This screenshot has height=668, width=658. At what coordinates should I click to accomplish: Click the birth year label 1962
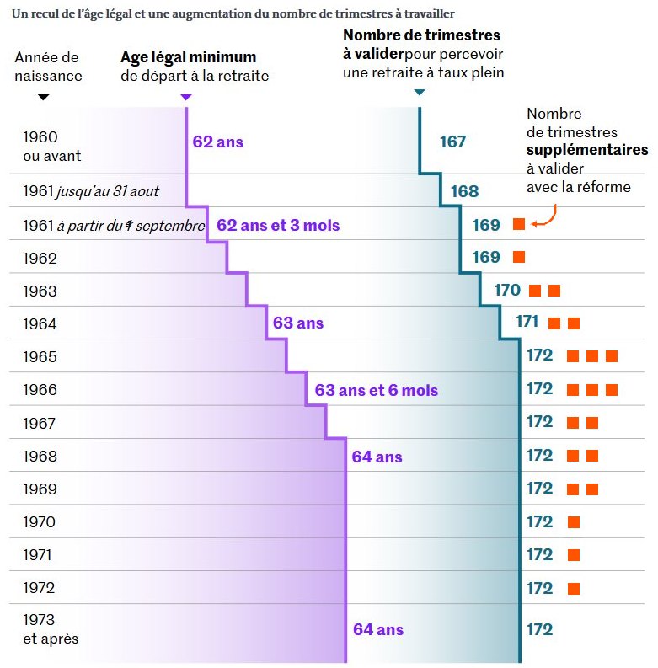(x=40, y=259)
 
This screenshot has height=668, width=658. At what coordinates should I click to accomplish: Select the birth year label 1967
(x=40, y=424)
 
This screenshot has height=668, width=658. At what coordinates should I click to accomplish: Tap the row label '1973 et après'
(x=51, y=629)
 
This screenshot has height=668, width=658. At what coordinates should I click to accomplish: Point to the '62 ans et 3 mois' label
(x=278, y=226)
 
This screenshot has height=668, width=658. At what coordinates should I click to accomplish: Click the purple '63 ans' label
(x=297, y=323)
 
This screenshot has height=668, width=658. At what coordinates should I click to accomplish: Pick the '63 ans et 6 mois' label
(x=376, y=391)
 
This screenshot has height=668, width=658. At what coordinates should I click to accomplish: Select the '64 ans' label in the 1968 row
(x=377, y=457)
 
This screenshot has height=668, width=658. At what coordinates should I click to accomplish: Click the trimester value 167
(x=452, y=142)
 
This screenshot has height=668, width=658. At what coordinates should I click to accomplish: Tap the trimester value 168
(x=464, y=192)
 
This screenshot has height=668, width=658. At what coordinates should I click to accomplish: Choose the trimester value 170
(x=507, y=291)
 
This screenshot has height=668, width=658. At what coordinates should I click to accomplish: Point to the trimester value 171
(x=527, y=322)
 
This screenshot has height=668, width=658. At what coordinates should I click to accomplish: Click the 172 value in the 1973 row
(x=539, y=629)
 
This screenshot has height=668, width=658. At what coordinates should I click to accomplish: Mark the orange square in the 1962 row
(x=519, y=257)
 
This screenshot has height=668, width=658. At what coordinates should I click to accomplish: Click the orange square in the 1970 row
(x=574, y=522)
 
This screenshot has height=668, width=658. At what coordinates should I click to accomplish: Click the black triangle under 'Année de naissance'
(x=44, y=98)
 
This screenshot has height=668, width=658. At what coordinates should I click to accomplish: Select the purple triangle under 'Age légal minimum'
(x=186, y=98)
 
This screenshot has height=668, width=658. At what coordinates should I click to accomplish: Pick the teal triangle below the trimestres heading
(x=420, y=92)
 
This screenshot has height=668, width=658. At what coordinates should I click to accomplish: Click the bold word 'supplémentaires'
(x=587, y=150)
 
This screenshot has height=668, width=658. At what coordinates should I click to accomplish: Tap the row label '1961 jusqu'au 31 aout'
(x=91, y=192)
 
